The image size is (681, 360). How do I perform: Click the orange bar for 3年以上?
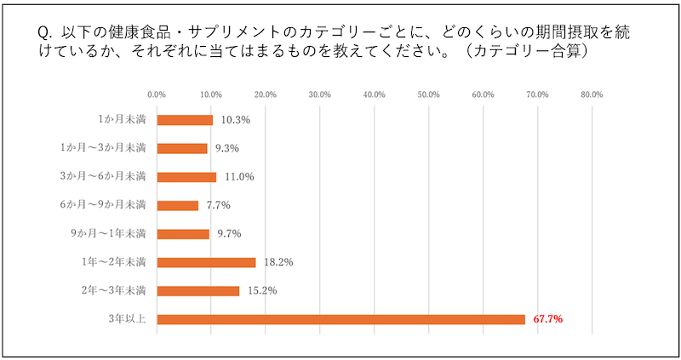pyautogui.click(x=340, y=319)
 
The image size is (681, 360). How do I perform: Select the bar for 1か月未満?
pyautogui.click(x=185, y=120)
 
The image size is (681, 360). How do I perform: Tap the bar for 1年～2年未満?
pyautogui.click(x=206, y=262)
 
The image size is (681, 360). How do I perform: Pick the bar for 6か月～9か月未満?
pyautogui.click(x=178, y=205)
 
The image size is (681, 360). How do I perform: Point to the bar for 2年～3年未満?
pyautogui.click(x=198, y=291)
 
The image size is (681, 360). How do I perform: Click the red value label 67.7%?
pyautogui.click(x=549, y=319)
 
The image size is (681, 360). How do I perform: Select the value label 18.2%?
pyautogui.click(x=278, y=262)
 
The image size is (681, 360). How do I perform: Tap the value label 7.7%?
pyautogui.click(x=219, y=205)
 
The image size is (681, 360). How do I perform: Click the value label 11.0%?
pyautogui.click(x=237, y=177)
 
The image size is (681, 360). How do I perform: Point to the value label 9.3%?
pyautogui.click(x=227, y=148)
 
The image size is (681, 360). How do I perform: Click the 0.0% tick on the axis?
pyautogui.click(x=157, y=94)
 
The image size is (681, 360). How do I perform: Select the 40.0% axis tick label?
pyautogui.click(x=375, y=94)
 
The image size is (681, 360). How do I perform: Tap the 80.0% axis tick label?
pyautogui.click(x=592, y=94)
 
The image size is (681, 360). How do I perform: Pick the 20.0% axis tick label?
pyautogui.click(x=266, y=94)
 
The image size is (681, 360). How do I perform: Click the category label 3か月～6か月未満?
pyautogui.click(x=116, y=177)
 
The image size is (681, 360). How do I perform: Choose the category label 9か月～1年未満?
pyautogui.click(x=117, y=234)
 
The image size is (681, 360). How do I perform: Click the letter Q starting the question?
pyautogui.click(x=45, y=31)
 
